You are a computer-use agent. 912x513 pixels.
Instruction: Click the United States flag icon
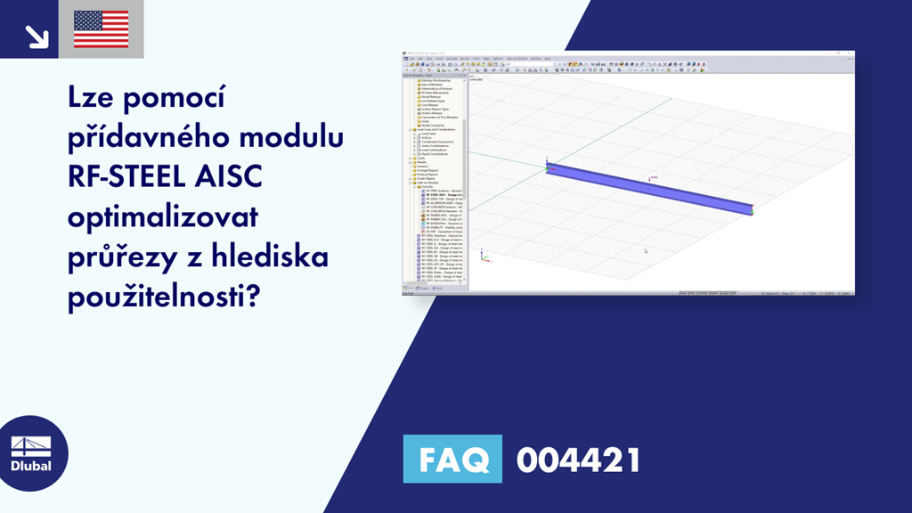[x=101, y=29]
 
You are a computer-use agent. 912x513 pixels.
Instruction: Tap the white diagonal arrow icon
[x=36, y=36]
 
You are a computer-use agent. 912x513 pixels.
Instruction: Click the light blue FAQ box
[x=452, y=460]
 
